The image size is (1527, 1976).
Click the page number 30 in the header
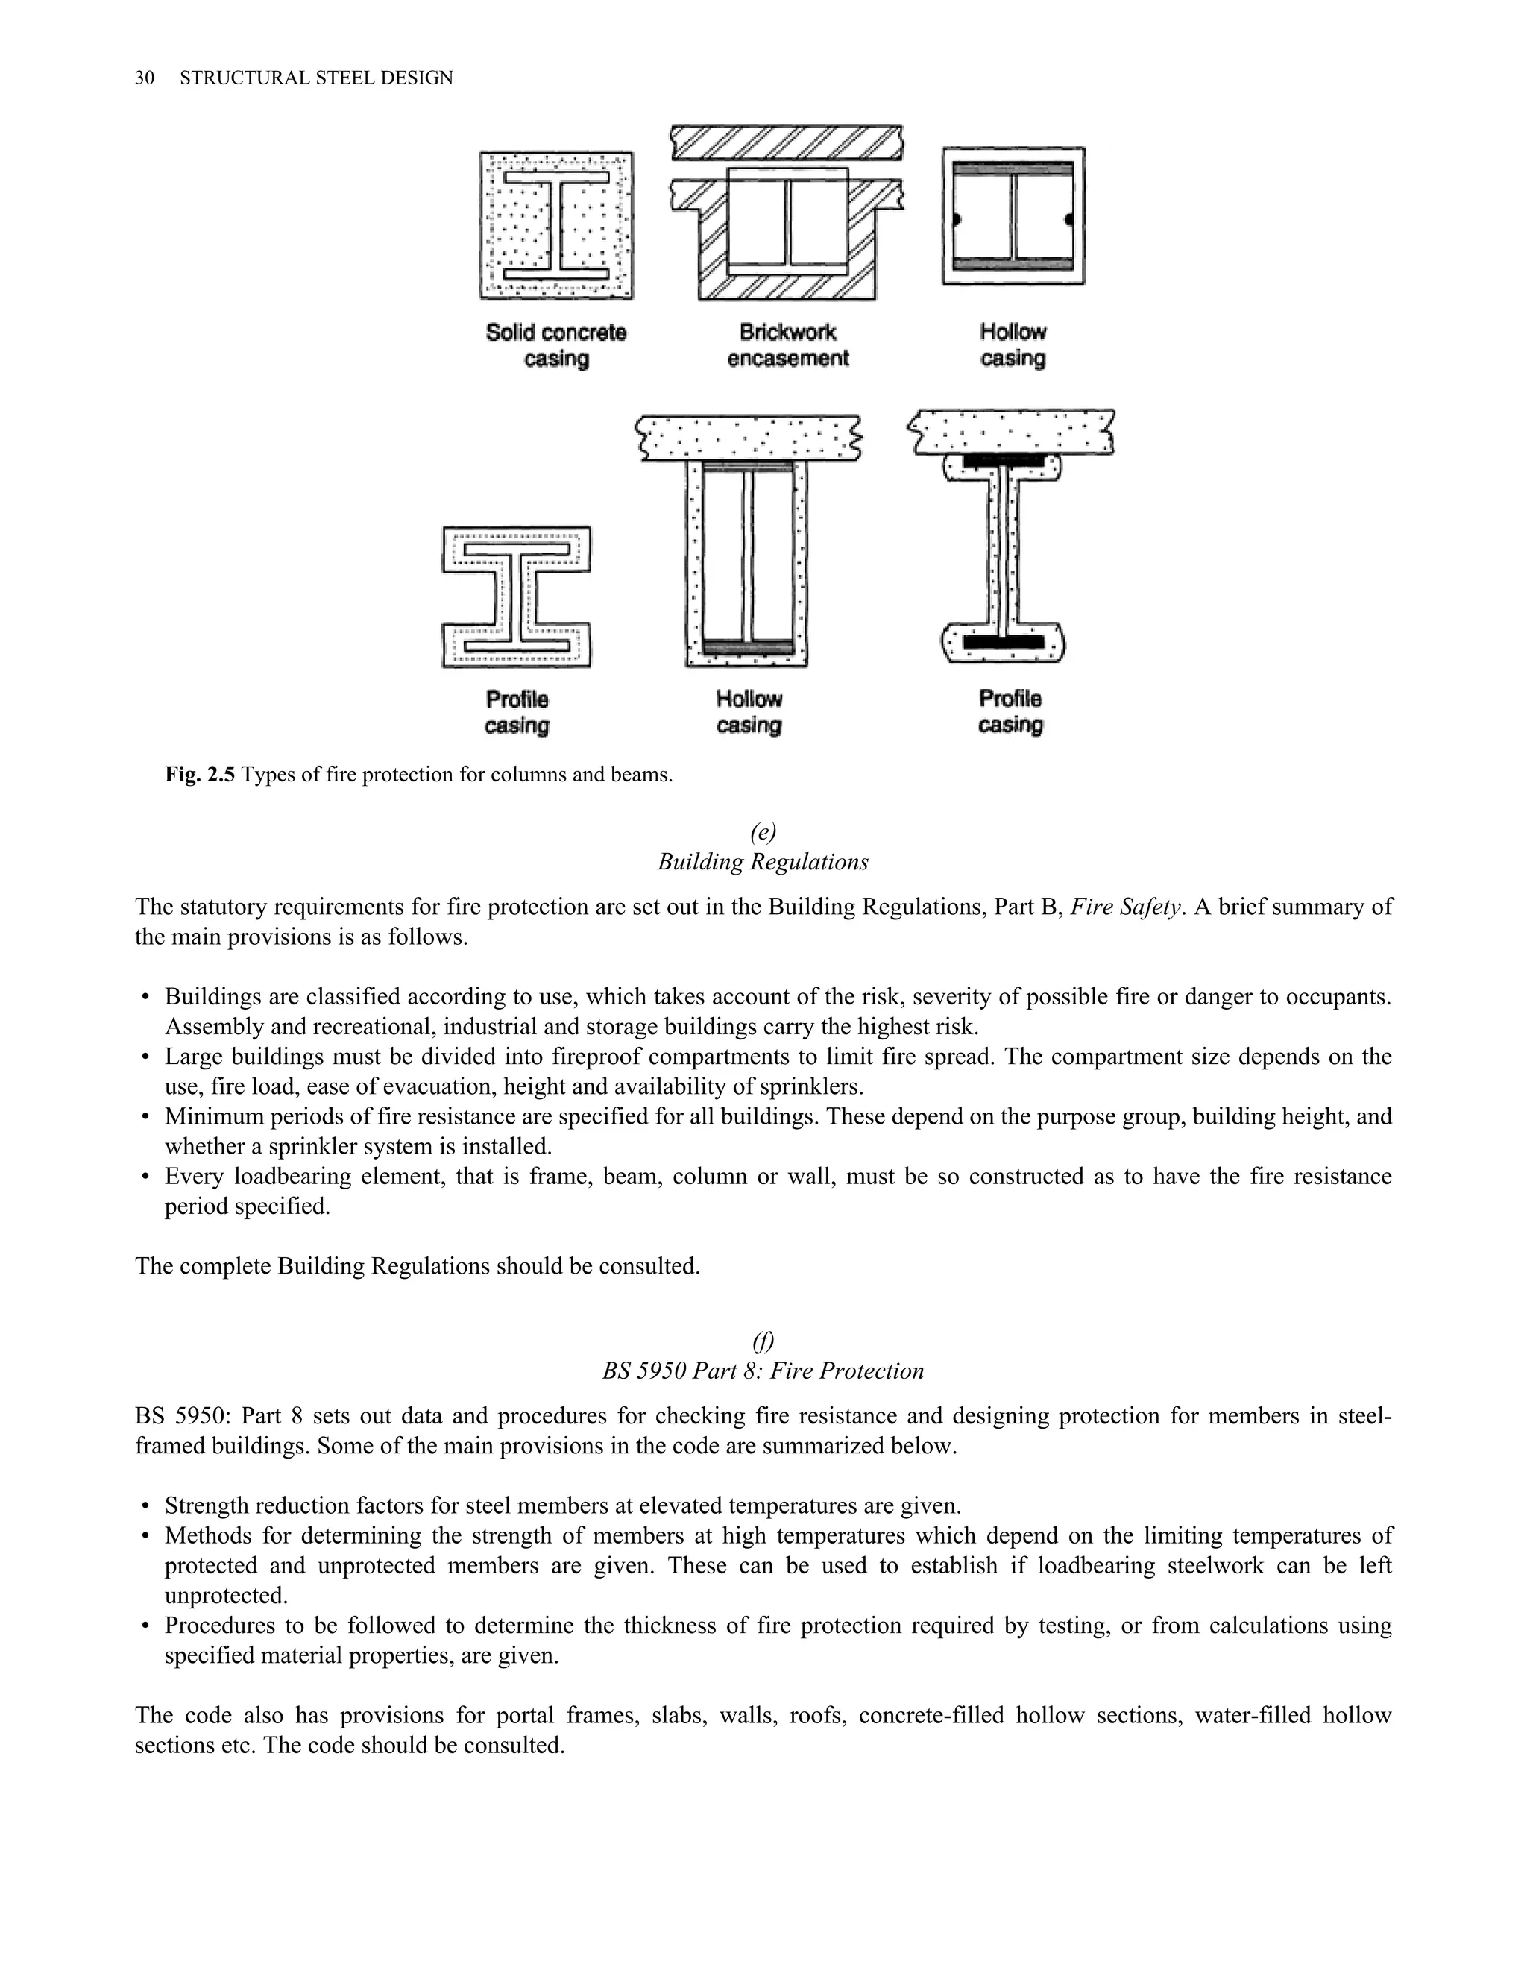pos(144,78)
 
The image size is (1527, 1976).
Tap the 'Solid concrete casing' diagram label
pos(555,344)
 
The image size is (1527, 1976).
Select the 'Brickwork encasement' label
pos(787,344)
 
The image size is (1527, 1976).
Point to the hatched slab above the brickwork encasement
pos(786,142)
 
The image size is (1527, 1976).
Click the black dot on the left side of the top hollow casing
pos(955,219)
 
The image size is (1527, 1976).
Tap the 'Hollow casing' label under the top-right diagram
pos(1013,344)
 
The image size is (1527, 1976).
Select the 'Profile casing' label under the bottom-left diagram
pos(517,712)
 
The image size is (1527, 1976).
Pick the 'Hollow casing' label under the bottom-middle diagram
pos(748,711)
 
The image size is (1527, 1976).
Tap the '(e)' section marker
pos(763,831)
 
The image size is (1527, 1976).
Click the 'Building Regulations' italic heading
pos(763,861)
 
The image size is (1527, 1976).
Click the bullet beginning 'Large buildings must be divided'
pos(145,1057)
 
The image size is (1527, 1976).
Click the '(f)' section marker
pos(763,1340)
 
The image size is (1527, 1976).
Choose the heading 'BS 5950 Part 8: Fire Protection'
pos(763,1370)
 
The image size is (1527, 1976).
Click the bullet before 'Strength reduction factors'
pos(145,1505)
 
